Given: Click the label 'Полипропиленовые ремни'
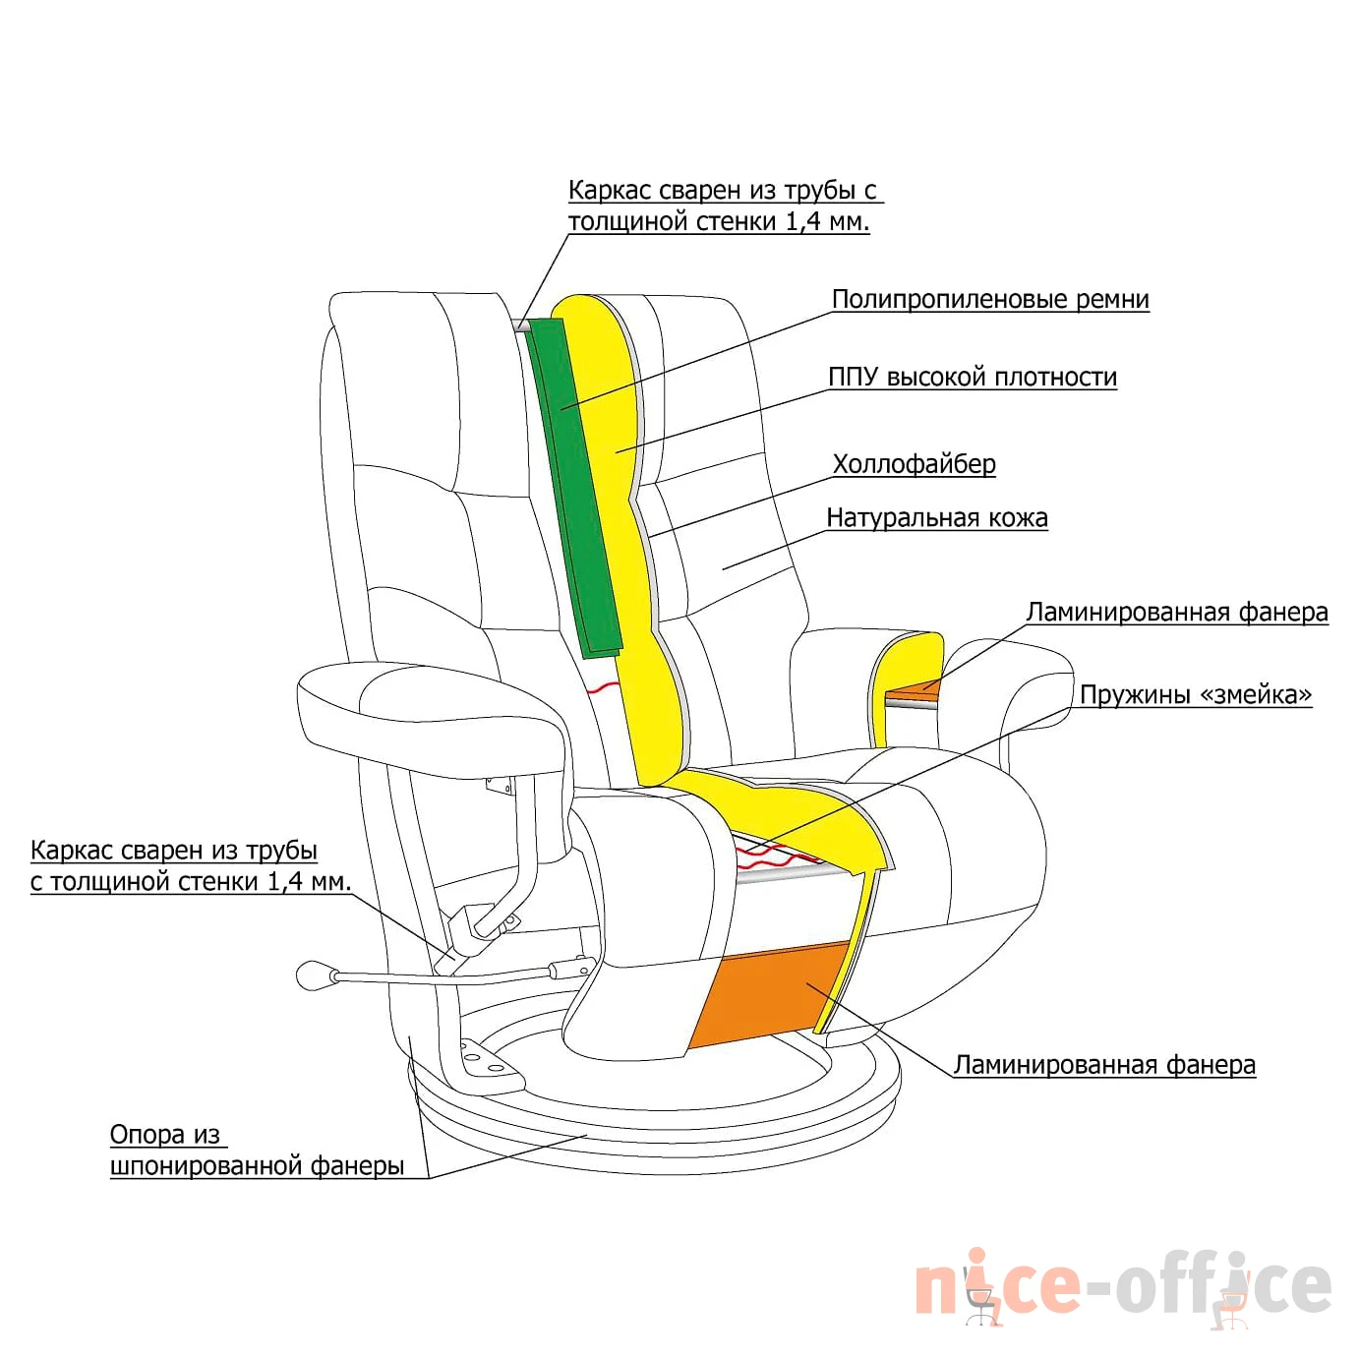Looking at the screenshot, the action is coord(990,300).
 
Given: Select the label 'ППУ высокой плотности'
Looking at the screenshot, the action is coord(973,378).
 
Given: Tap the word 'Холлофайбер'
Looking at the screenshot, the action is coord(914,464).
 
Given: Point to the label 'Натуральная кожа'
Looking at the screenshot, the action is coord(936,518).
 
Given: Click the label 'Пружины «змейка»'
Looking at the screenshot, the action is coord(1196,694).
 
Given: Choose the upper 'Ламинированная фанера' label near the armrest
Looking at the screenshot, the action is coord(1177,613).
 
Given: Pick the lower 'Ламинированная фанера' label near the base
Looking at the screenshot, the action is coord(1104,1065).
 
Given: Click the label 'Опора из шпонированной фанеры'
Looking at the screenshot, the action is coord(257,1151).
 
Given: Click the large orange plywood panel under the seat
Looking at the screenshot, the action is coord(769,994).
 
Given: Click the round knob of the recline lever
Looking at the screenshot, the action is coord(311,976).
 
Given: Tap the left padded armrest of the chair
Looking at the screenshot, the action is coord(430,712).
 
